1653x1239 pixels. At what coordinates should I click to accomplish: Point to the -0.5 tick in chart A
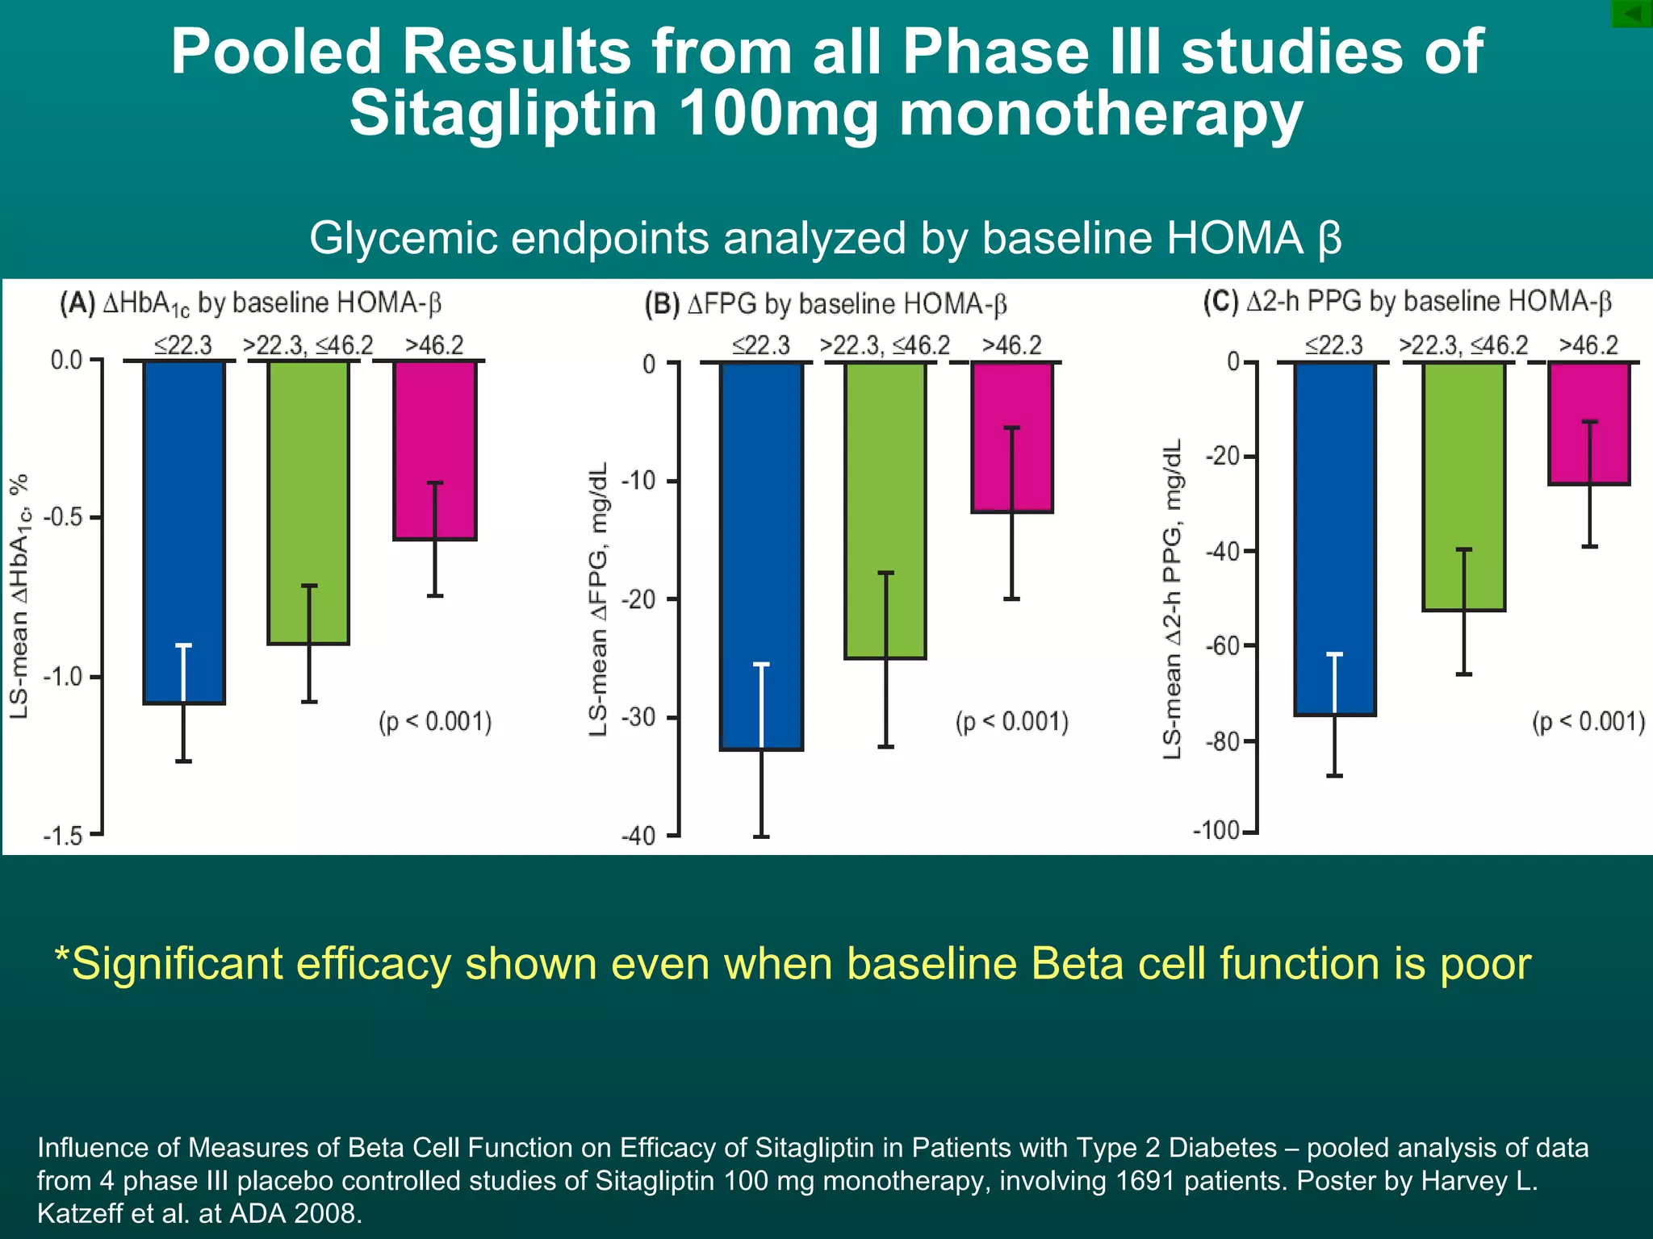click(66, 517)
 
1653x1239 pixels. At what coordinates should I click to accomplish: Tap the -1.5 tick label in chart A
click(65, 836)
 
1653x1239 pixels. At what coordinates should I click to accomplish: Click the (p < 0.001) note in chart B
click(1011, 722)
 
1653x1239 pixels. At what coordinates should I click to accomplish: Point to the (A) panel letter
click(77, 303)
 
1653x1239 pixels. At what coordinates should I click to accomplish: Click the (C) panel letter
click(1220, 302)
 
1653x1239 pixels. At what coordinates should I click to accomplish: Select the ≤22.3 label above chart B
click(760, 346)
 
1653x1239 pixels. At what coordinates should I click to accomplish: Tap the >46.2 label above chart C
click(1588, 345)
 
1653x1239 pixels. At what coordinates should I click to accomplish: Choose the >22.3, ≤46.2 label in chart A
click(308, 346)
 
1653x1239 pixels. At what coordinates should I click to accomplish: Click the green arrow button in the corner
click(1632, 14)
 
